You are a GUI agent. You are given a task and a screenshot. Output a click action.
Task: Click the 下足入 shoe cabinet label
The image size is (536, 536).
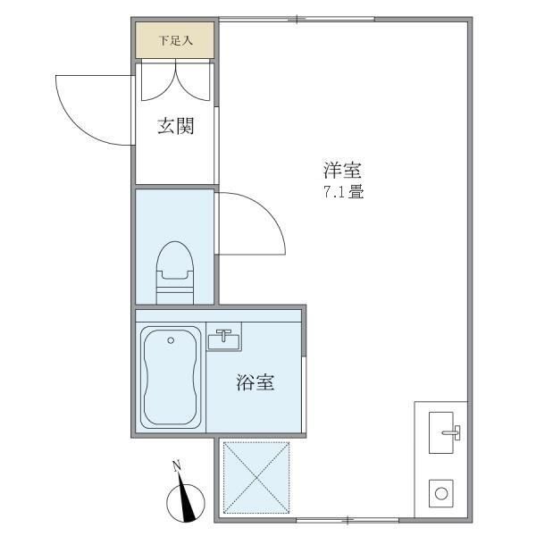[176, 41]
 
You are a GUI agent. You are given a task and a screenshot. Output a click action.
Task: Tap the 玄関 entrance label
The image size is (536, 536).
[176, 126]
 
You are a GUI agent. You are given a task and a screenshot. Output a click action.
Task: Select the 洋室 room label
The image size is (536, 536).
[342, 170]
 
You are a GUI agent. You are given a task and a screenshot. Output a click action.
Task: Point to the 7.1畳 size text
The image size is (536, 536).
[344, 191]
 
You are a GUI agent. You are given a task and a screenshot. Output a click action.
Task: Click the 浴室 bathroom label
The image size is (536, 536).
[255, 382]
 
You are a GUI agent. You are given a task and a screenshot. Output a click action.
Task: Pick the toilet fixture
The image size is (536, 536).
[175, 272]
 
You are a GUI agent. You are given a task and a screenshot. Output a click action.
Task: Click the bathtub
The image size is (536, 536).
[171, 377]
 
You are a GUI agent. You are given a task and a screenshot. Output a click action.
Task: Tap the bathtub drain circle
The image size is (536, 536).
[171, 340]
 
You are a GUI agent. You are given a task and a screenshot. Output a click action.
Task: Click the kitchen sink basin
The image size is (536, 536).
[441, 432]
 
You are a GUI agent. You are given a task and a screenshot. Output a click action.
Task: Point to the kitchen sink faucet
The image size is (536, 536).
[452, 432]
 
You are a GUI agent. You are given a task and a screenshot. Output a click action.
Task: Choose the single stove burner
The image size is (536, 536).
[441, 494]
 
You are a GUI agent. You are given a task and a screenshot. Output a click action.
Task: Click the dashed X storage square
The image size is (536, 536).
[256, 477]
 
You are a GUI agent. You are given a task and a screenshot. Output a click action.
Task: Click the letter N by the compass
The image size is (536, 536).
[177, 466]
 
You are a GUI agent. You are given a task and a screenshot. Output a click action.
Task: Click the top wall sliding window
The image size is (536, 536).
[297, 19]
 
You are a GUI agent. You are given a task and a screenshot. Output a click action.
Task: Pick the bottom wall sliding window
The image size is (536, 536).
[348, 520]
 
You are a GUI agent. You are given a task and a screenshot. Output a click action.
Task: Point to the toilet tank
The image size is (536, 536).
[175, 296]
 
